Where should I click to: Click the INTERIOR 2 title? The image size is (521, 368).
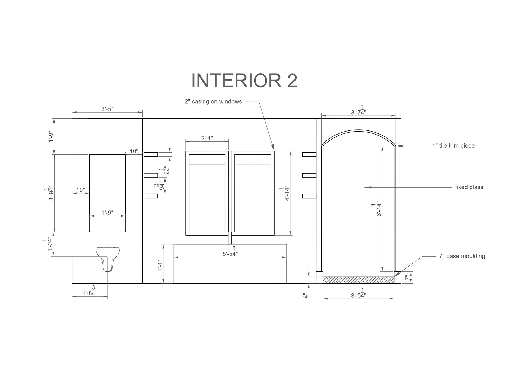(244, 81)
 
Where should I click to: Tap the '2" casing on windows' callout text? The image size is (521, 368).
(213, 102)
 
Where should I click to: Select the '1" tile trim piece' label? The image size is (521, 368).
(453, 146)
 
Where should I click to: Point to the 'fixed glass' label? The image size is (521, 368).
(469, 187)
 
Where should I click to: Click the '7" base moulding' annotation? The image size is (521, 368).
(462, 256)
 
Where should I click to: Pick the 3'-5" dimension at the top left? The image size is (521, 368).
(107, 109)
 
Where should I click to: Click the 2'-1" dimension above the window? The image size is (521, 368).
(207, 138)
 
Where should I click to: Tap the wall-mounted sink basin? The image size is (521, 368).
(108, 258)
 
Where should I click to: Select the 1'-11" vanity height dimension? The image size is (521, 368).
(160, 264)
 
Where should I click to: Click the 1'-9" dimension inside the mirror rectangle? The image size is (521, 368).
(107, 213)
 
